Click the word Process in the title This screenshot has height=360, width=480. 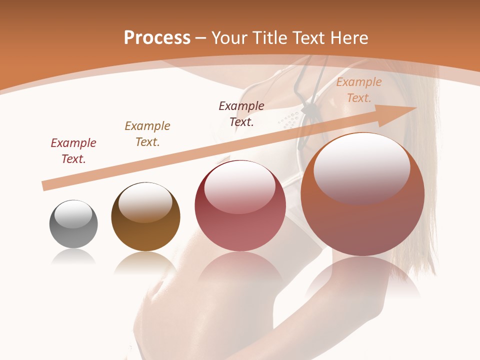coord(157,38)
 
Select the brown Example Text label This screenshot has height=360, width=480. coord(147,134)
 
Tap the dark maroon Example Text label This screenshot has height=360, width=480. coord(241,113)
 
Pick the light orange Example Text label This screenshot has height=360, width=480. coord(358,90)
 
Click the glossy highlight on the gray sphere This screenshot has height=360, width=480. coord(73,214)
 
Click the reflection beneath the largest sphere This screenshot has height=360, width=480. coord(362,280)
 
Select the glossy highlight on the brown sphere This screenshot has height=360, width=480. coord(145,201)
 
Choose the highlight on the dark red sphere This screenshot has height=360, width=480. coord(239,186)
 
